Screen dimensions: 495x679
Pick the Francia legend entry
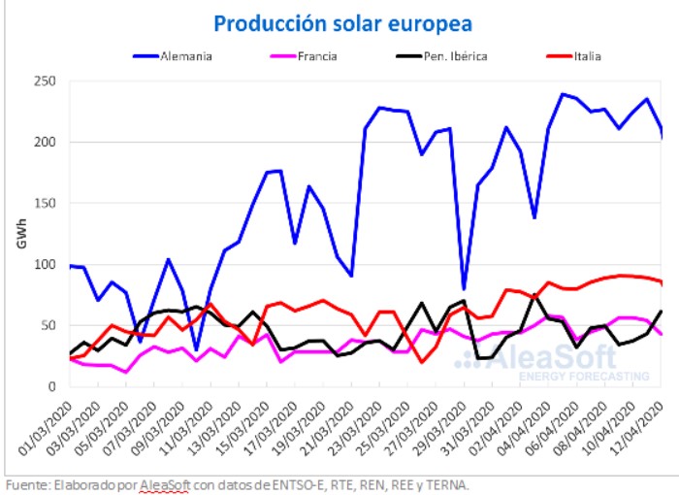point(317,55)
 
